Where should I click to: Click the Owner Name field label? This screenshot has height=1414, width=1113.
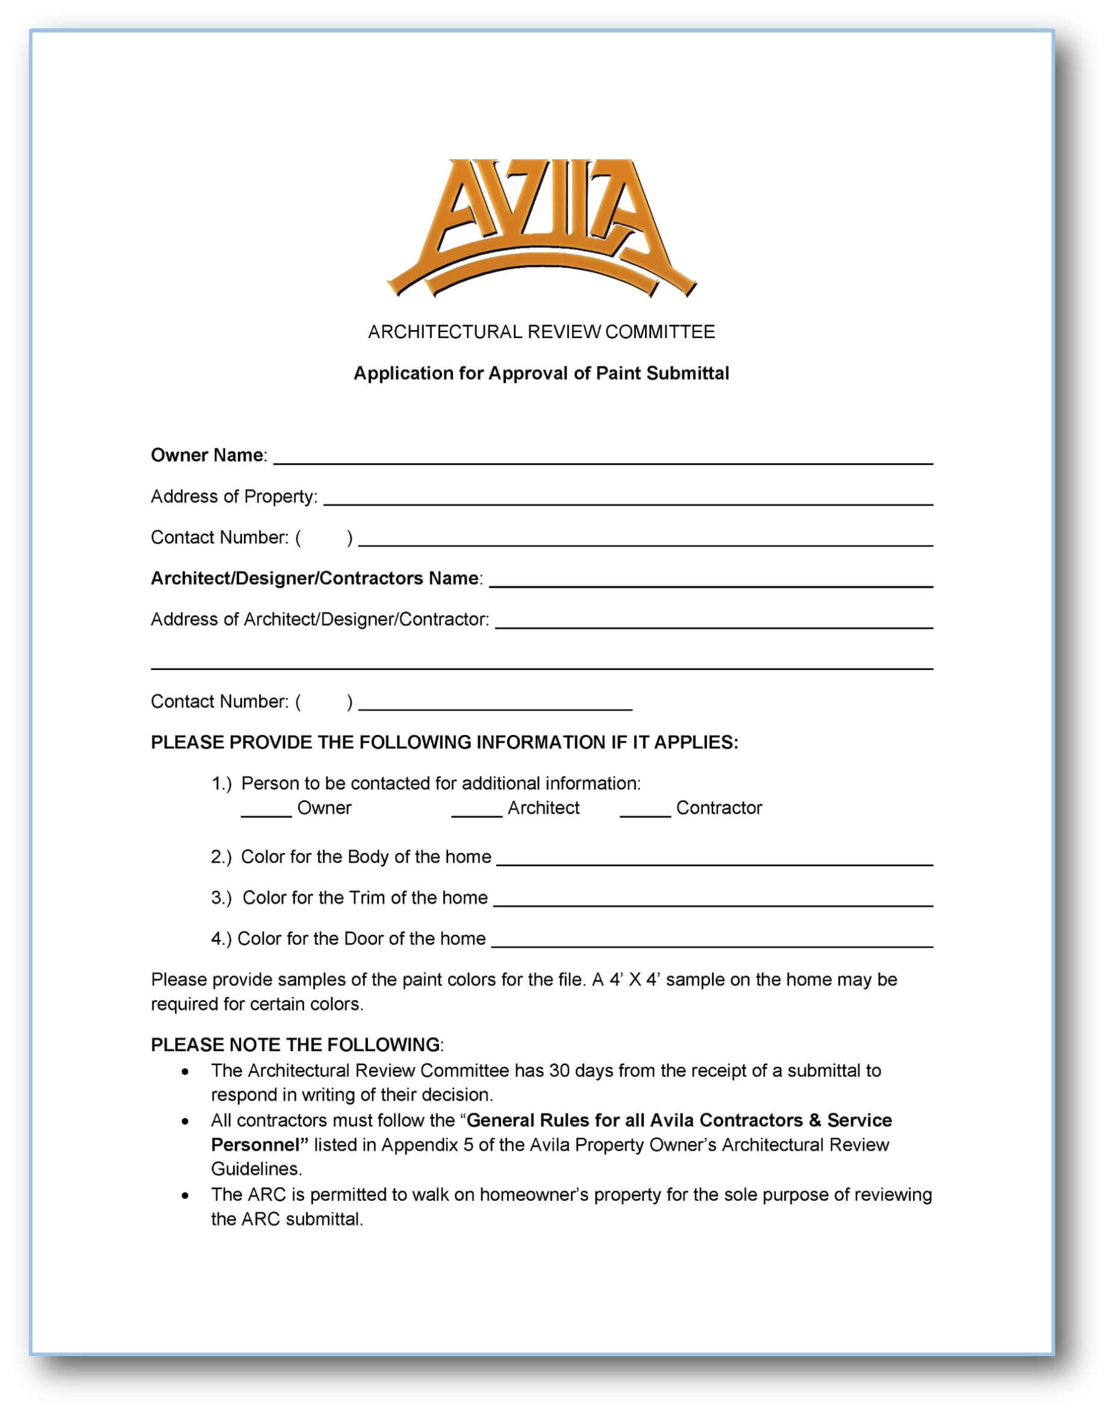[207, 455]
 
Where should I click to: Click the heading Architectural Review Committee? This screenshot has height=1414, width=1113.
[541, 332]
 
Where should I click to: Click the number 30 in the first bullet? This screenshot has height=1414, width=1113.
[560, 1071]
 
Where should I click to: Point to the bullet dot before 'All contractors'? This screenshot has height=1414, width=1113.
[185, 1121]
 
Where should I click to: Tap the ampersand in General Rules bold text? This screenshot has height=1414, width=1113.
[814, 1120]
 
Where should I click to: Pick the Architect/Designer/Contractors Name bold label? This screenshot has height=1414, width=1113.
[316, 578]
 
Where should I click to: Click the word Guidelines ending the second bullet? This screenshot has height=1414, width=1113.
[256, 1169]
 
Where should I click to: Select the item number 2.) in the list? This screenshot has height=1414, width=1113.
[221, 857]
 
